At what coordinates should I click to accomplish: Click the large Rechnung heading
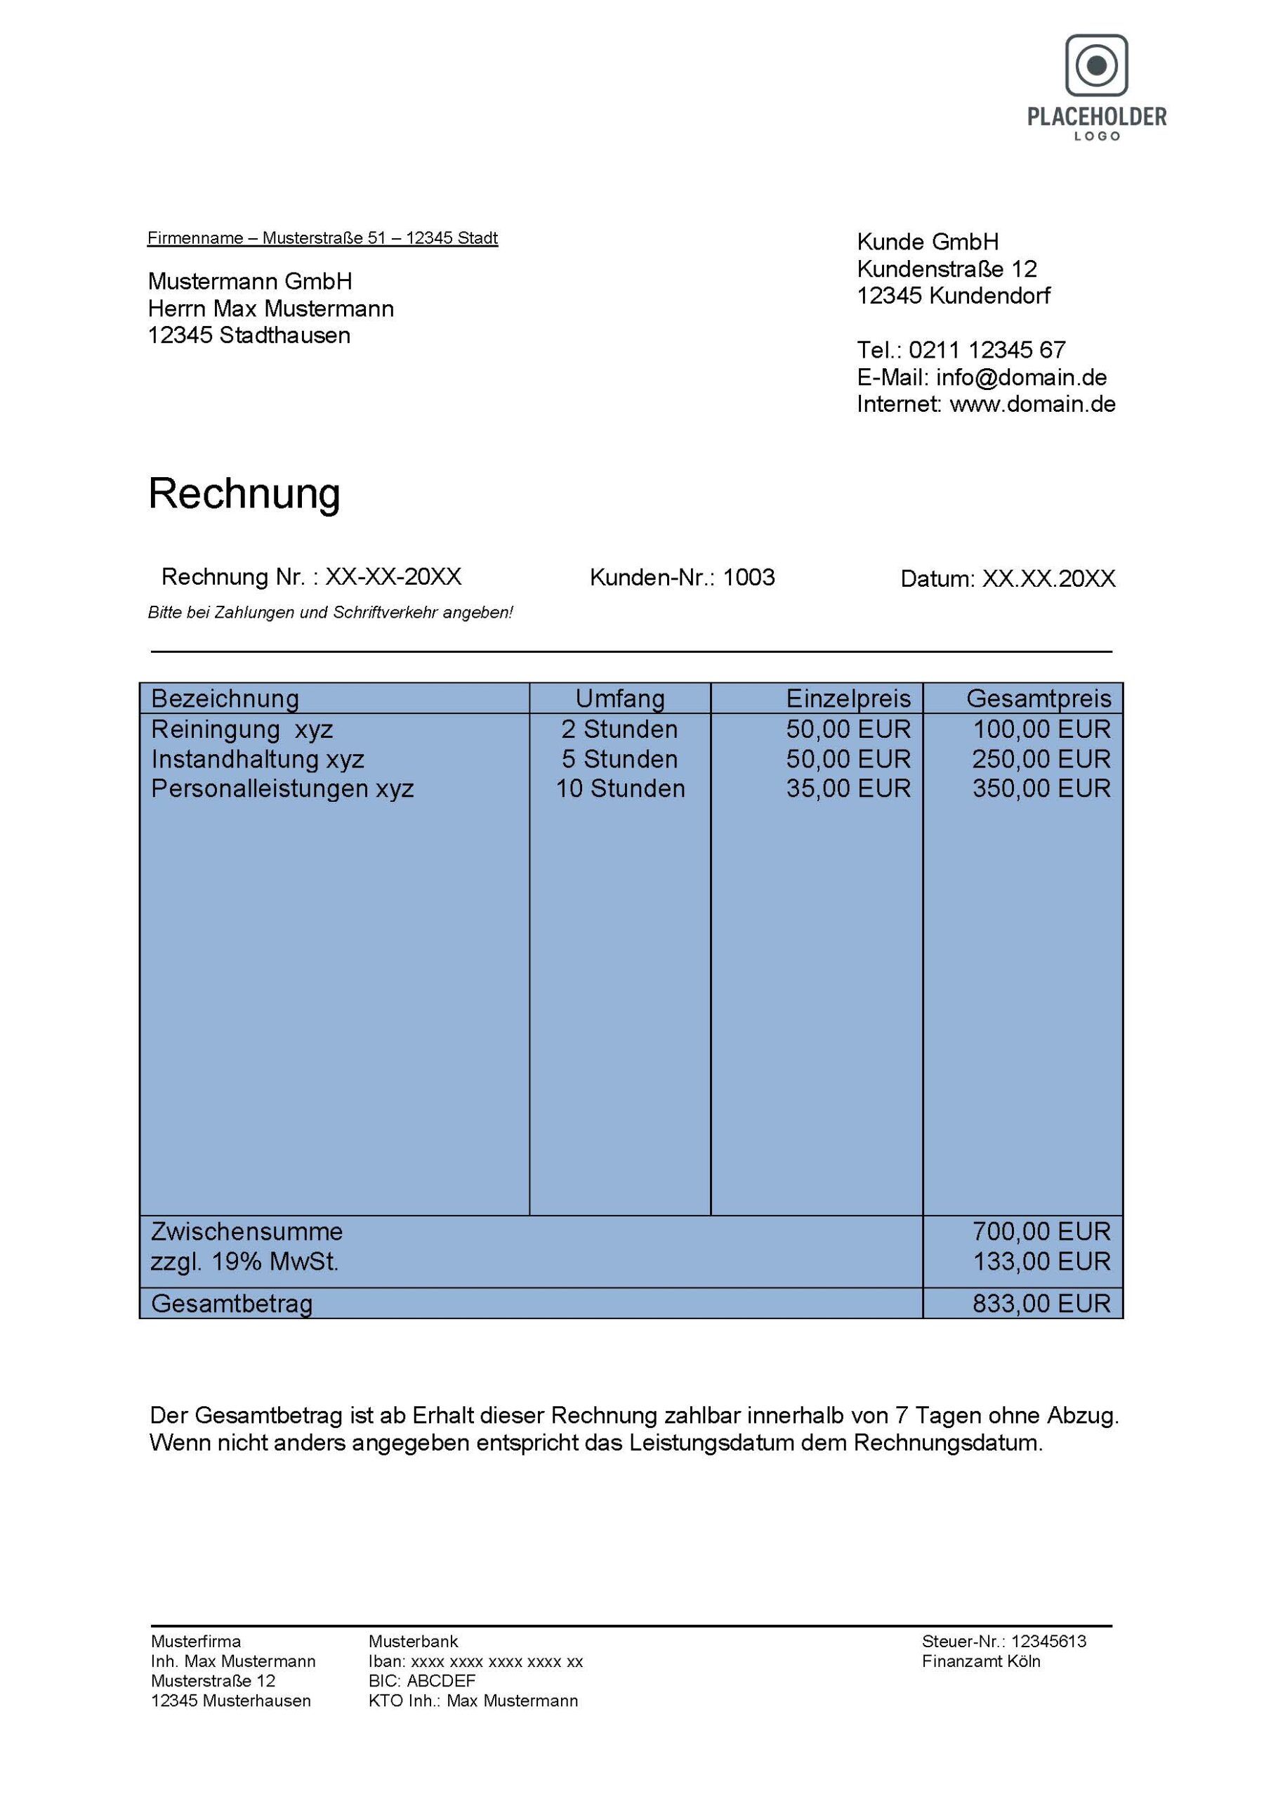click(x=244, y=493)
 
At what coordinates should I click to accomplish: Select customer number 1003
click(x=748, y=578)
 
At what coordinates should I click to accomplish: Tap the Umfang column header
click(x=619, y=698)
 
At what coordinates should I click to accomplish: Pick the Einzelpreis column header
click(x=848, y=698)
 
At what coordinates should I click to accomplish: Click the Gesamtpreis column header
click(x=1039, y=698)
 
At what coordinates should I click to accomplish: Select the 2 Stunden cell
click(x=619, y=729)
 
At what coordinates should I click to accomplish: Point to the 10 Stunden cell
click(x=619, y=788)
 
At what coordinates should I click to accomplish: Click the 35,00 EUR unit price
click(x=848, y=788)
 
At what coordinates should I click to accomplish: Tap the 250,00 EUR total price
click(x=1041, y=759)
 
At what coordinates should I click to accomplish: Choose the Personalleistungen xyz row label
click(x=282, y=788)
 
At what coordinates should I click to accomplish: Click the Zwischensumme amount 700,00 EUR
click(x=1041, y=1232)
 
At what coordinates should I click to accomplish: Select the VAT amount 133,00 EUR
click(x=1041, y=1261)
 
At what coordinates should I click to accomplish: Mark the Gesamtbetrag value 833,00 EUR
click(x=1041, y=1304)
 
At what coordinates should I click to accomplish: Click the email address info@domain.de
click(x=1021, y=377)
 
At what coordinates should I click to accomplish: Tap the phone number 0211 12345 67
click(x=987, y=350)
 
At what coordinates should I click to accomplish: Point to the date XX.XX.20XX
click(x=1048, y=579)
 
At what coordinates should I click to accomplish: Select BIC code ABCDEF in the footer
click(x=441, y=1681)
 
